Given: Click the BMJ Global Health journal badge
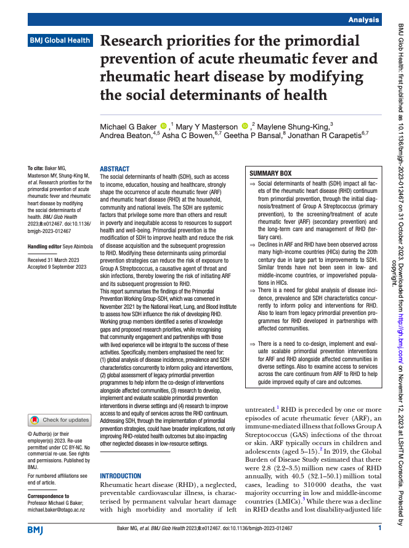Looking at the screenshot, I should click(60, 41).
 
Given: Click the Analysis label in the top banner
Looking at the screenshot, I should click(363, 20).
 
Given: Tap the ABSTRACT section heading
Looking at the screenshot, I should click(115, 169).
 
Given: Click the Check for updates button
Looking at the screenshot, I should click(60, 420).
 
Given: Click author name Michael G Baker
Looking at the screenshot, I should click(128, 127).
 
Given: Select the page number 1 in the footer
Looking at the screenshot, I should click(379, 528).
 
